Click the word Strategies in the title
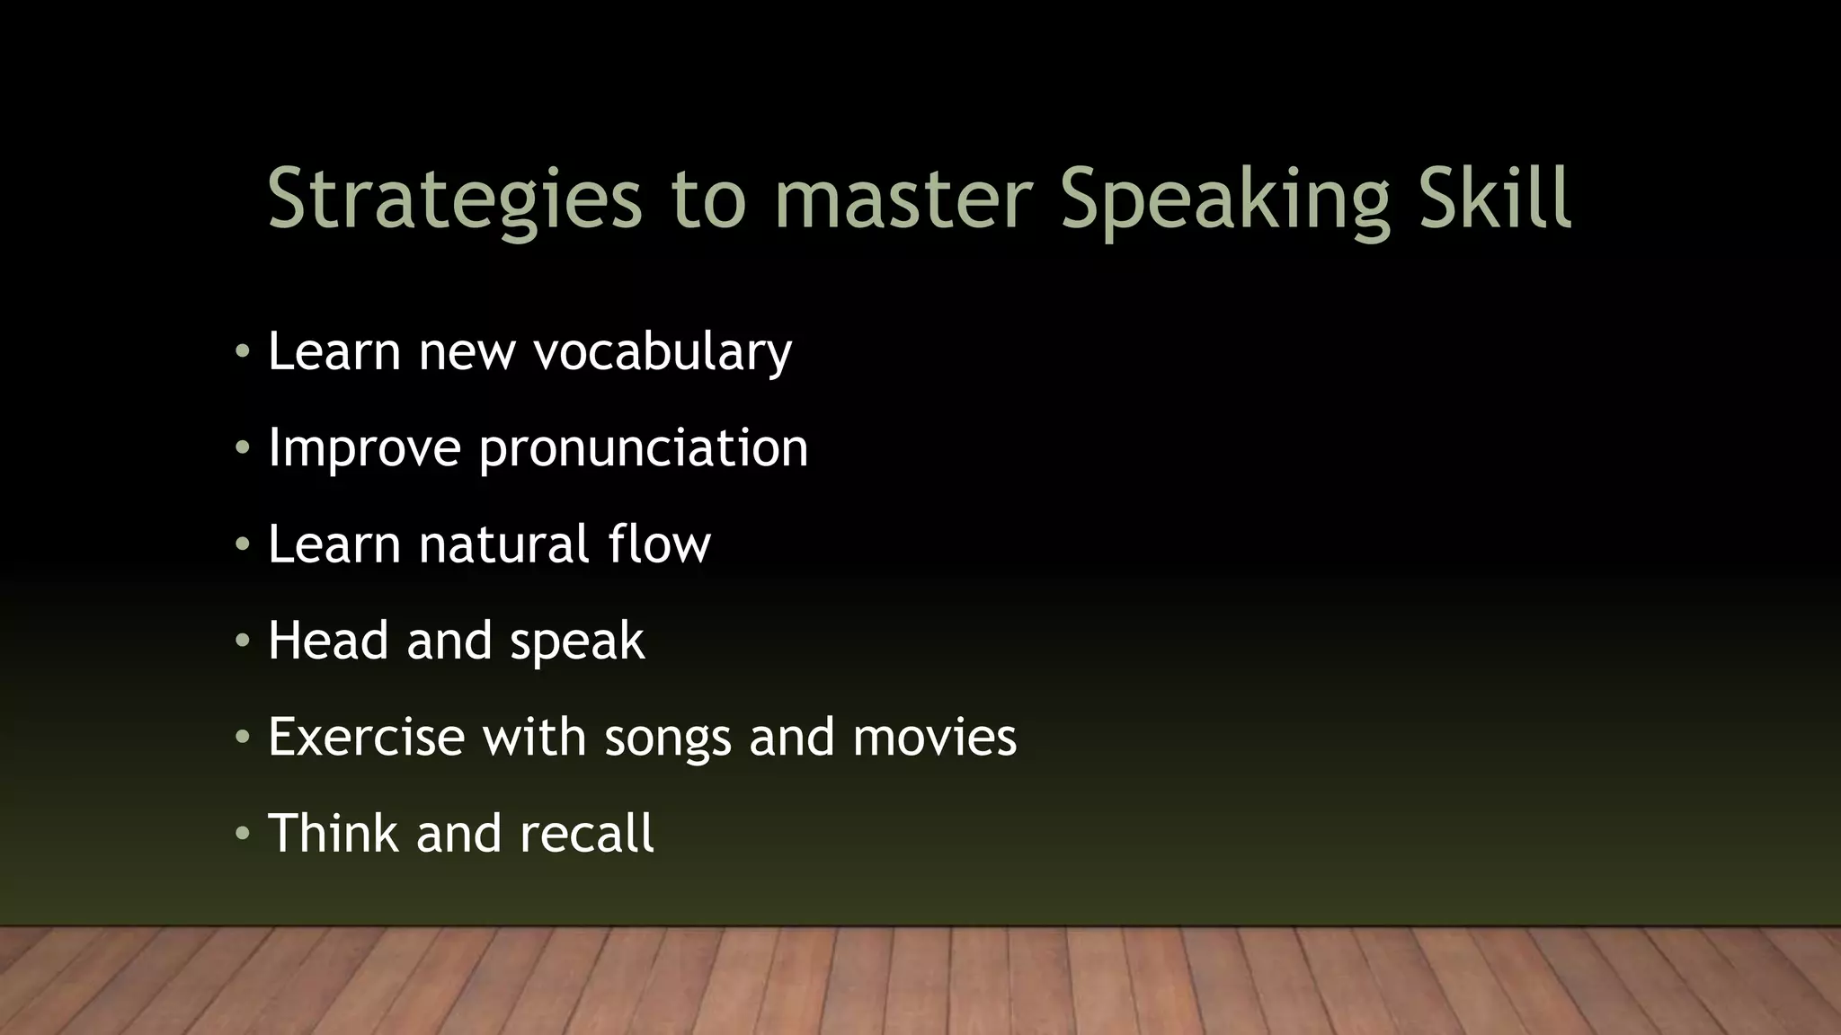(455, 199)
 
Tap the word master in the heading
(903, 199)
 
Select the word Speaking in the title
(1225, 199)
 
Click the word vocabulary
(663, 351)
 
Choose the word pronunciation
(644, 448)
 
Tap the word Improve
(364, 447)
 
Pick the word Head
(329, 641)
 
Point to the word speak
(577, 641)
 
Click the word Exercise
(366, 737)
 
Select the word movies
(934, 737)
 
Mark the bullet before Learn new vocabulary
(241, 352)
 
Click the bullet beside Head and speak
(241, 641)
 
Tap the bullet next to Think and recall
(241, 835)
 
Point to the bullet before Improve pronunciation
(241, 448)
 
